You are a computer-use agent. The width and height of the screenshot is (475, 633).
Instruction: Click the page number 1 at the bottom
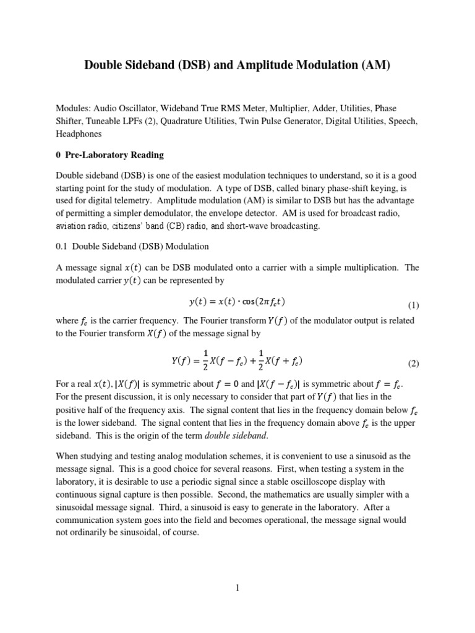[237, 588]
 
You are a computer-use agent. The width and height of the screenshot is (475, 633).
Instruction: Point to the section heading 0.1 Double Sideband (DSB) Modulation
[132, 246]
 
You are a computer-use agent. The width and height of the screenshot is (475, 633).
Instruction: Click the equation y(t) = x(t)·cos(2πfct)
[237, 302]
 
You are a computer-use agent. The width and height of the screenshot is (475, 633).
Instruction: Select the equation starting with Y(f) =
[237, 360]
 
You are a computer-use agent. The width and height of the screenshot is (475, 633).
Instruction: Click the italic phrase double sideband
[229, 436]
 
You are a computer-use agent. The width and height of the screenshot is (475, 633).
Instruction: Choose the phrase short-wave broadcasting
[268, 226]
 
